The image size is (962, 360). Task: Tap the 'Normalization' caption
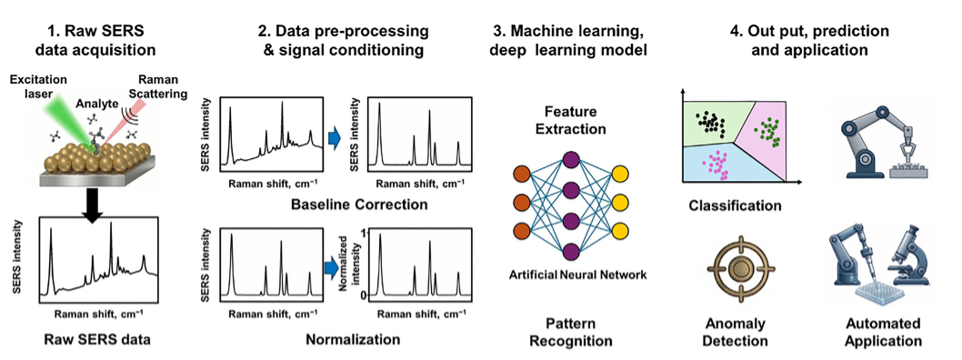[x=353, y=339]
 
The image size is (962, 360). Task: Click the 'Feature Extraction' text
[x=568, y=121]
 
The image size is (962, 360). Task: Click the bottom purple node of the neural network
[x=571, y=252]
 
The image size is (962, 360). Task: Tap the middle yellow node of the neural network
[x=620, y=202]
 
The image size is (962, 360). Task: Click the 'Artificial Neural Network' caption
[x=577, y=275]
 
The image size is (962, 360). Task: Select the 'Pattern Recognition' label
[x=571, y=332]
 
